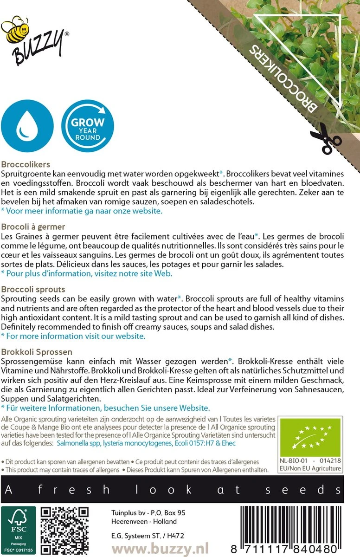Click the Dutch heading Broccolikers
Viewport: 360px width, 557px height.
click(x=26, y=164)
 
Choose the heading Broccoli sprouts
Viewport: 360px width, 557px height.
click(x=33, y=289)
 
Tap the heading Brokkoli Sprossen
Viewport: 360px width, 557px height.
click(x=37, y=352)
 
